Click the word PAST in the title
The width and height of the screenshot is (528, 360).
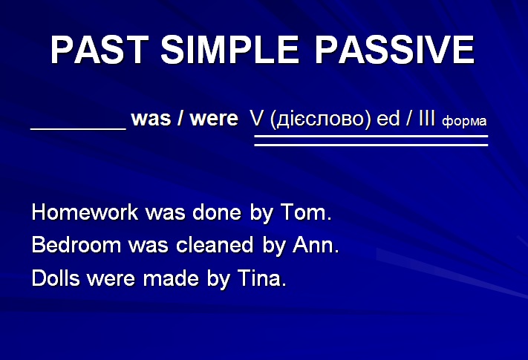100,50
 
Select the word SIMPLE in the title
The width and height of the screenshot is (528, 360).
230,50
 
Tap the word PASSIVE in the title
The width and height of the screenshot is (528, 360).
394,50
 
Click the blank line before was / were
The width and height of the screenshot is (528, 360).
78,128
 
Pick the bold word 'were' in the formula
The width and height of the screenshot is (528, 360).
214,119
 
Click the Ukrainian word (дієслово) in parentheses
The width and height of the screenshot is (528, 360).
321,120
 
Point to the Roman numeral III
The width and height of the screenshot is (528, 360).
427,118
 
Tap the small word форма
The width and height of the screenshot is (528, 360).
464,121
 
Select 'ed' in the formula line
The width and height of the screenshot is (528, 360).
388,118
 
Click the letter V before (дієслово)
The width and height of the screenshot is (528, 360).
256,118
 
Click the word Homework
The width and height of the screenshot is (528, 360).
85,212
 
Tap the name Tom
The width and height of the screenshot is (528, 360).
306,212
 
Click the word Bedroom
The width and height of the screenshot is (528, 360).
76,245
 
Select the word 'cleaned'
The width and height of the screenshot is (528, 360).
215,245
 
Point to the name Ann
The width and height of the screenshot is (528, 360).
316,245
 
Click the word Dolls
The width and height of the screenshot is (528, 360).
56,278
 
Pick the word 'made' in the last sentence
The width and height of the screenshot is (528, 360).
171,278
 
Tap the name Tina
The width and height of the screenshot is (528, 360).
262,278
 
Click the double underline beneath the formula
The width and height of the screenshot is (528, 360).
371,140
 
